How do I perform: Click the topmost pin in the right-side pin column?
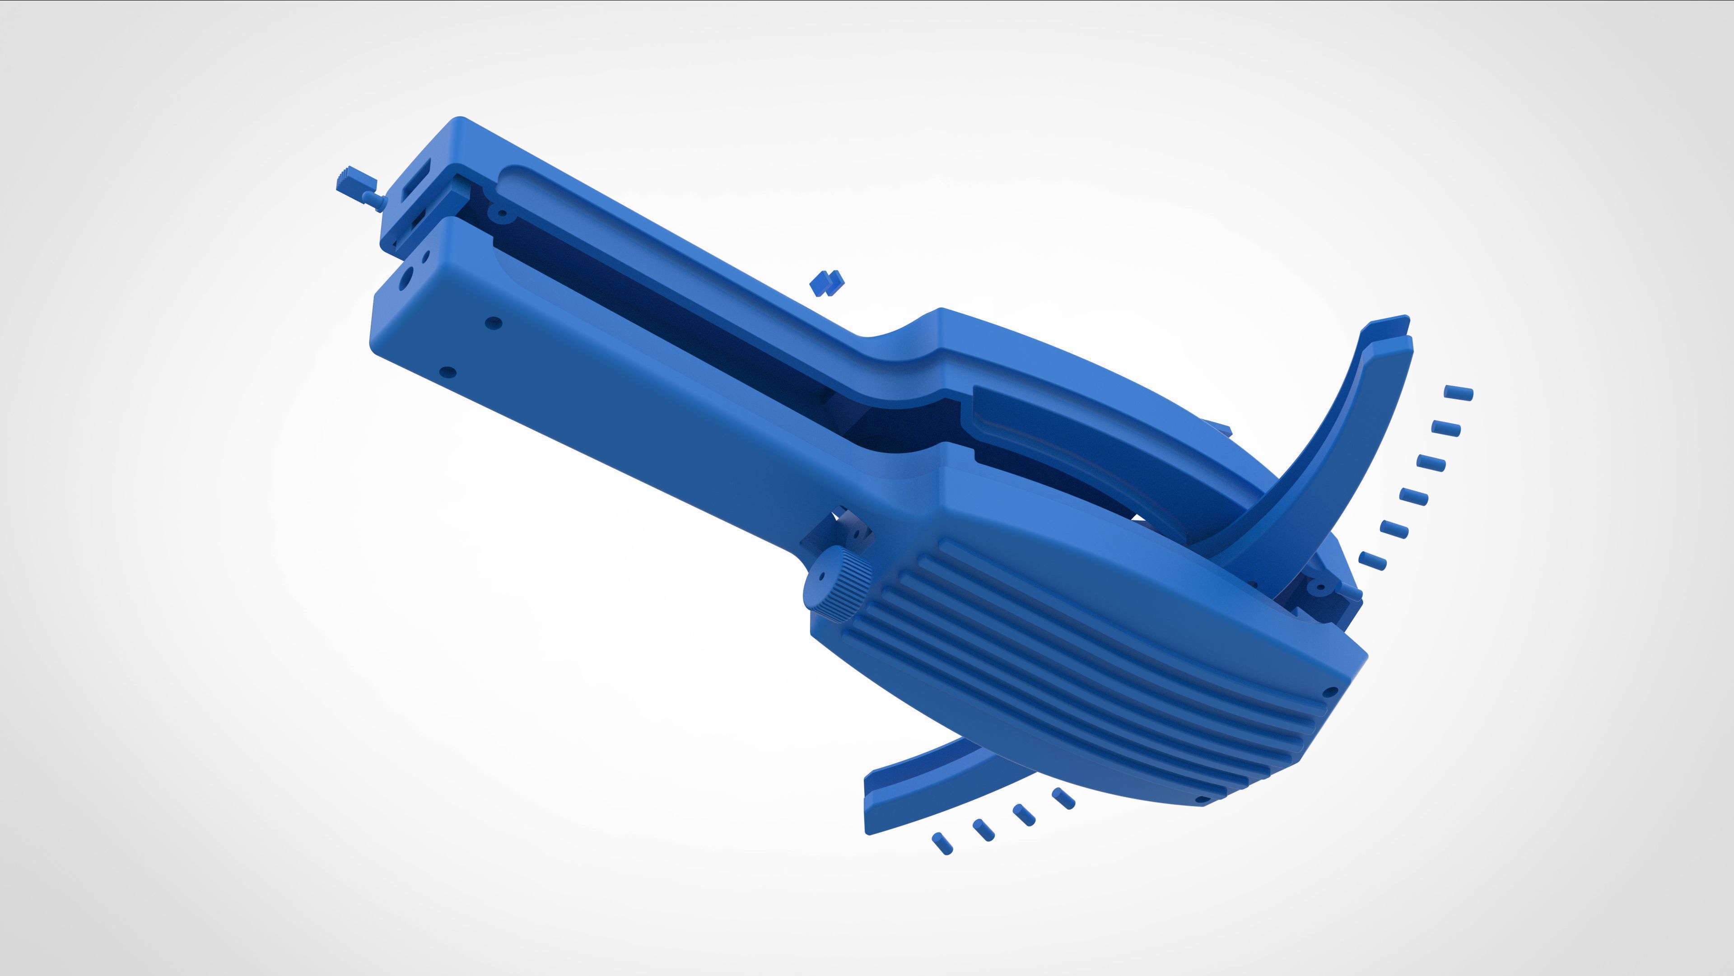pos(1459,392)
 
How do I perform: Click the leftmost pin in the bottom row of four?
pos(942,843)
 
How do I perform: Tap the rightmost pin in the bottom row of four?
pos(1063,799)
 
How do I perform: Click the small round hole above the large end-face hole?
pos(425,257)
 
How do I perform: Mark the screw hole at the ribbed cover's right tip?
pos(1329,691)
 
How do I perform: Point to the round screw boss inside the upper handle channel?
pos(502,214)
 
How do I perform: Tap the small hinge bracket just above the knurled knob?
pos(849,532)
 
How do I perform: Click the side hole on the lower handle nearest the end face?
pos(494,322)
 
